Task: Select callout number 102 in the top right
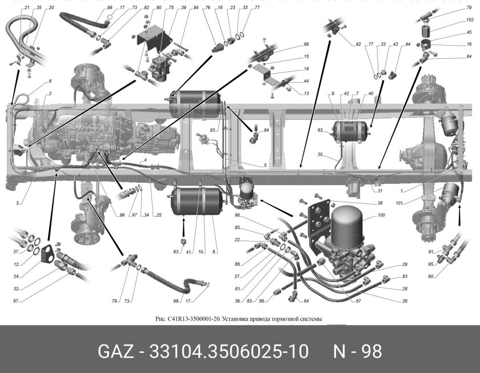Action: pyautogui.click(x=470, y=19)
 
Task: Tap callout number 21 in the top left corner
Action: pyautogui.click(x=26, y=7)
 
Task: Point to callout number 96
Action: pyautogui.click(x=306, y=44)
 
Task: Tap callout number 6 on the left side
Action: pyautogui.click(x=50, y=81)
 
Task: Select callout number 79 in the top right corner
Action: pyautogui.click(x=469, y=9)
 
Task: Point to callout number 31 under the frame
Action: pyautogui.click(x=378, y=191)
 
